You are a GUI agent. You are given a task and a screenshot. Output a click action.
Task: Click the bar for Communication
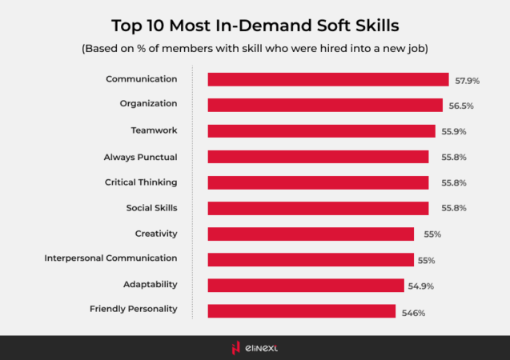tap(327, 79)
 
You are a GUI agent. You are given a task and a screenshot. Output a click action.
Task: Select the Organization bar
tap(325, 105)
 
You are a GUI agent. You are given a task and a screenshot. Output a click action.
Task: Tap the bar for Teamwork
tap(321, 130)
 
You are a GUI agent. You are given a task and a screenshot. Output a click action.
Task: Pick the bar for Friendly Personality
tap(302, 311)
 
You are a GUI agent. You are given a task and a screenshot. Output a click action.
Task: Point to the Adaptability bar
tap(306, 286)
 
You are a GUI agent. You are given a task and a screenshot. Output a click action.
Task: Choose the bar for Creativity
tap(311, 234)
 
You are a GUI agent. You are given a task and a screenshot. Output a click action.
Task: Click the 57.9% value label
tap(467, 81)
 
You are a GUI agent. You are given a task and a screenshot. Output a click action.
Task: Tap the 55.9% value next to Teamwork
tap(453, 132)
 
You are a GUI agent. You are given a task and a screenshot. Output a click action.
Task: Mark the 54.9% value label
tap(422, 286)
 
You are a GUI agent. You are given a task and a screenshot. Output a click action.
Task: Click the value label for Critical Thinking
tap(447, 183)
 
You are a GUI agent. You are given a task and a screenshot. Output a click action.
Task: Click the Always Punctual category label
tap(140, 157)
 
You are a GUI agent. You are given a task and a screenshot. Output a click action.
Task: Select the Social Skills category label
tap(151, 208)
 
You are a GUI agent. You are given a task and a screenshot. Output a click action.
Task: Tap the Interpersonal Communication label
tap(110, 259)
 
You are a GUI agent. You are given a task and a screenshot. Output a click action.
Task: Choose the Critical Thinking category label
tap(141, 182)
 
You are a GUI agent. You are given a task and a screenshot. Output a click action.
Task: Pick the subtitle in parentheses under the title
tap(255, 48)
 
